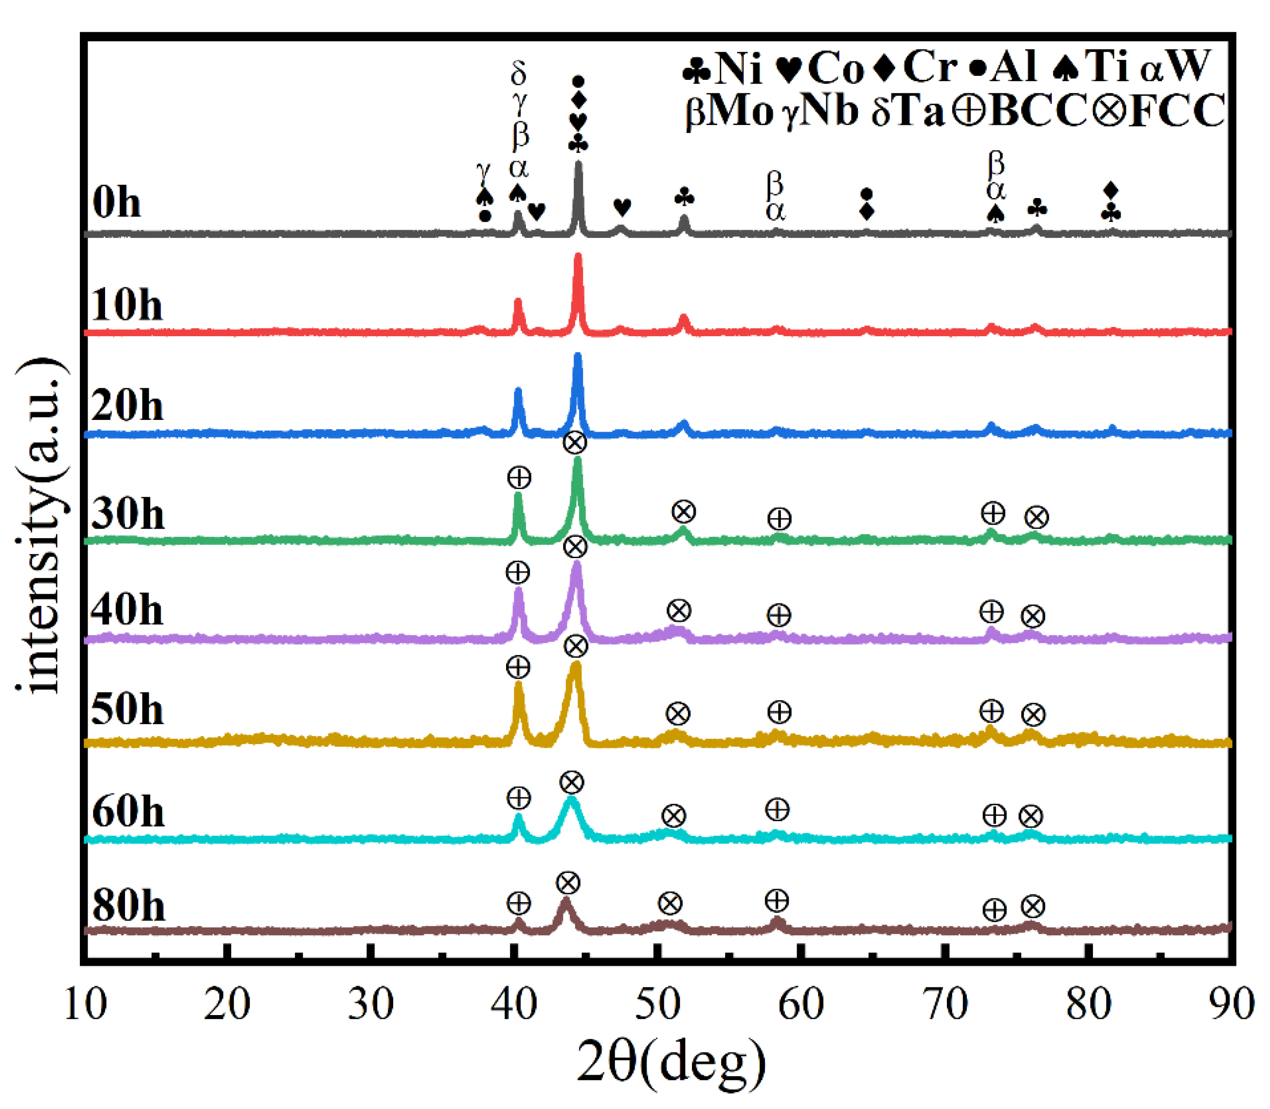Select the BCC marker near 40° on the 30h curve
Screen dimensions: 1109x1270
519,478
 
